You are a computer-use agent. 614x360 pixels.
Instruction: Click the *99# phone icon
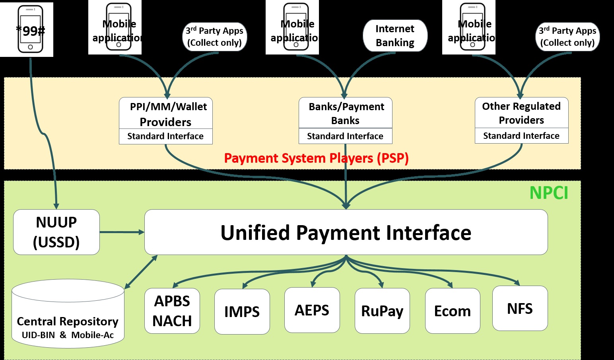[30, 29]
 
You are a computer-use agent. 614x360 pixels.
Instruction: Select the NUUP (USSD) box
[56, 232]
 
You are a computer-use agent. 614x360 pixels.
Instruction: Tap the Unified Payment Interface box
[346, 232]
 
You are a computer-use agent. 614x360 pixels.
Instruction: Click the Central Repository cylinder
[68, 314]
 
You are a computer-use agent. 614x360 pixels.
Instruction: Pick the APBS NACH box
[172, 311]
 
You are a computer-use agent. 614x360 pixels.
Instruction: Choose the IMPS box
[242, 311]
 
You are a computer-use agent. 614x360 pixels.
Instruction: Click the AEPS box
[312, 310]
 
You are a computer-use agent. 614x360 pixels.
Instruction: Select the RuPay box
[382, 311]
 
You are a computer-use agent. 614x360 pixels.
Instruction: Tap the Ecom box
[453, 311]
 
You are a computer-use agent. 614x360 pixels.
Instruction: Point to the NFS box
[520, 308]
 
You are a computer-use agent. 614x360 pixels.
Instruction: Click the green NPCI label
[549, 193]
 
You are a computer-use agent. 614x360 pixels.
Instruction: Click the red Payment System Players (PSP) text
[316, 158]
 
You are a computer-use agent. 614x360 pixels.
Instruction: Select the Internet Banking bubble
[395, 35]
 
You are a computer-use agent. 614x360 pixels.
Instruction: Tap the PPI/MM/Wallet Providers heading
[166, 114]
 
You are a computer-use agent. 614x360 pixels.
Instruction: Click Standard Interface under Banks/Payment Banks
[345, 136]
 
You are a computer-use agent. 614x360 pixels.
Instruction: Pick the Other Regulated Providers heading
[521, 113]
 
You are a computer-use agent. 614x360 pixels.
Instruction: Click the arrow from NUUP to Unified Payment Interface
[122, 232]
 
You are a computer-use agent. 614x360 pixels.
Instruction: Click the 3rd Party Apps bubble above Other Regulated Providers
[567, 37]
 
